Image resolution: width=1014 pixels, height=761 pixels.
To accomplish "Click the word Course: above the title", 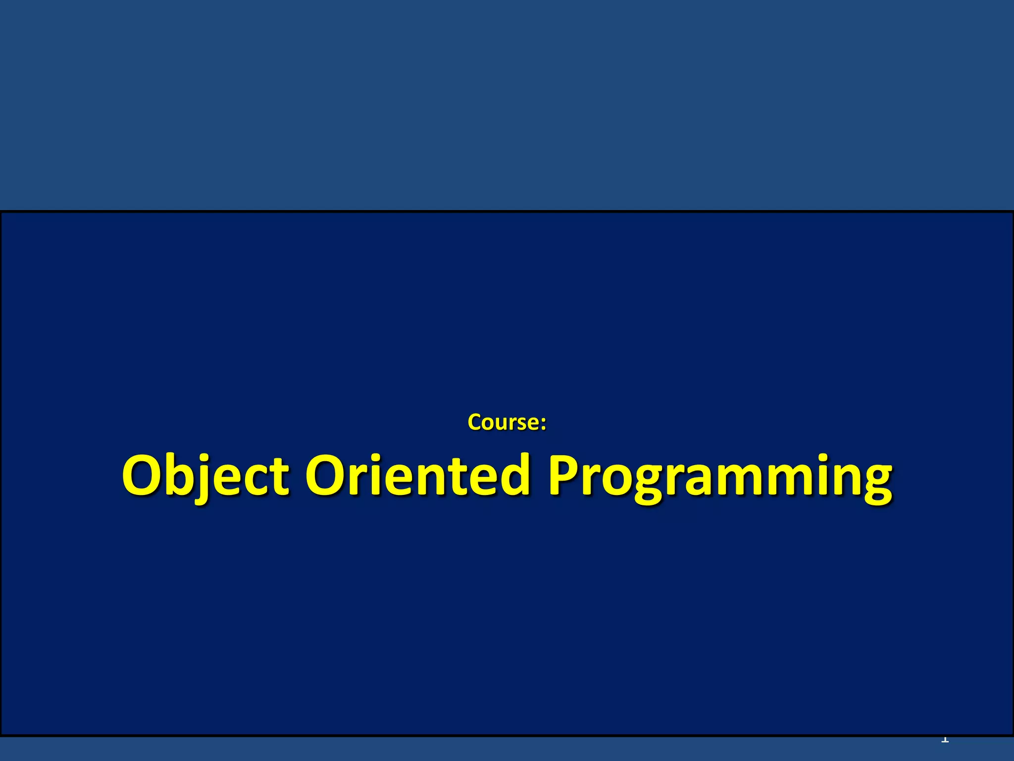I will (x=507, y=422).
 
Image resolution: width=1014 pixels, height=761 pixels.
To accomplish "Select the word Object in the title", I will (x=205, y=476).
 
